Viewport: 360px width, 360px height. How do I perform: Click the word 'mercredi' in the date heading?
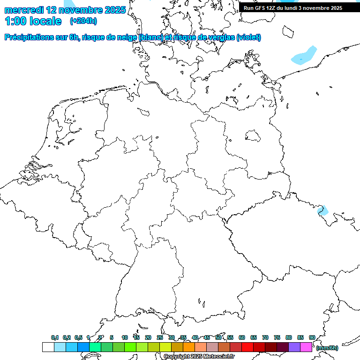24,10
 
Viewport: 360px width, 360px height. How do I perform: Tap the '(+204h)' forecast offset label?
83,21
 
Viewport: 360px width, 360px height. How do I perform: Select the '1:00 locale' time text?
33,21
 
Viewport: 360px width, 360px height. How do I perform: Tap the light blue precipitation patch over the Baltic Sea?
304,55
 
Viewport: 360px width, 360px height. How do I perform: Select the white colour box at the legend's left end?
48,347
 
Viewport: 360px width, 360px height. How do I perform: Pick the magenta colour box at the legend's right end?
306,347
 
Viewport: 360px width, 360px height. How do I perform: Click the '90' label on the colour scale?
312,338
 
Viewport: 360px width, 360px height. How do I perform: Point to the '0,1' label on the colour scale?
55,338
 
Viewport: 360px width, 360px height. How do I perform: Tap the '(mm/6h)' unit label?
327,348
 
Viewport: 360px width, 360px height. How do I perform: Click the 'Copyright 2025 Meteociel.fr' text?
199,357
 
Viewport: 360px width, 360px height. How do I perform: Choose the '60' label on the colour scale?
242,338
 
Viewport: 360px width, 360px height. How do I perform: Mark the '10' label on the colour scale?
125,338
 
